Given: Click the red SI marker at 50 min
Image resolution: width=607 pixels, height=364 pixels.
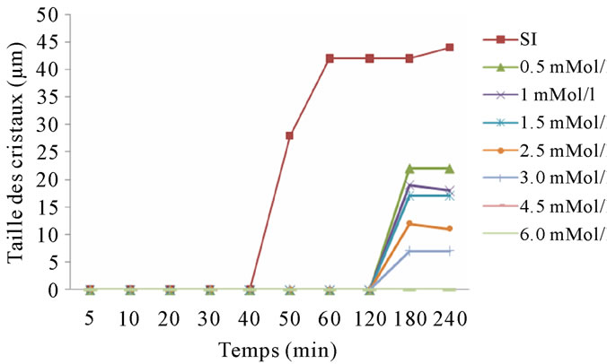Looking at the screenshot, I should click(290, 135).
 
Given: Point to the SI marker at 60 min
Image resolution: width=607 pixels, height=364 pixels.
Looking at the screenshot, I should click(330, 58).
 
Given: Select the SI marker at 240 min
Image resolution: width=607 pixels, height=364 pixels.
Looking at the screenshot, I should click(449, 48).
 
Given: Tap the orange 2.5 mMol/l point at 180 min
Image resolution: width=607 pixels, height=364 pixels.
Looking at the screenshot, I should click(409, 223).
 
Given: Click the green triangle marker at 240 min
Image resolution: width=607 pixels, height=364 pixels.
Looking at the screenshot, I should click(449, 169).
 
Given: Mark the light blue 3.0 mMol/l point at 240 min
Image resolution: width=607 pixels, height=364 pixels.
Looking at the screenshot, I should click(449, 251).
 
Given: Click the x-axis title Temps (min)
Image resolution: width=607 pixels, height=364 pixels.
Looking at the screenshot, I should click(269, 347).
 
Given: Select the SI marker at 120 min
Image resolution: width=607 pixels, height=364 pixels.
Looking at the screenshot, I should click(369, 58).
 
